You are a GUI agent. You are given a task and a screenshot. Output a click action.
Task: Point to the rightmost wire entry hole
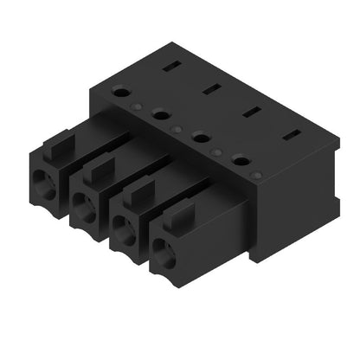[165, 253]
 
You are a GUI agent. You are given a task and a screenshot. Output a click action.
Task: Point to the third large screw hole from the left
[200, 136]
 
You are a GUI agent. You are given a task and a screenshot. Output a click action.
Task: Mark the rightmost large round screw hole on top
[240, 158]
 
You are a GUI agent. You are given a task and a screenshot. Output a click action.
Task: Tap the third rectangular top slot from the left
[250, 110]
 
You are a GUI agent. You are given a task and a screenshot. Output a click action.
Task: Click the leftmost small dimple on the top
[140, 107]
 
